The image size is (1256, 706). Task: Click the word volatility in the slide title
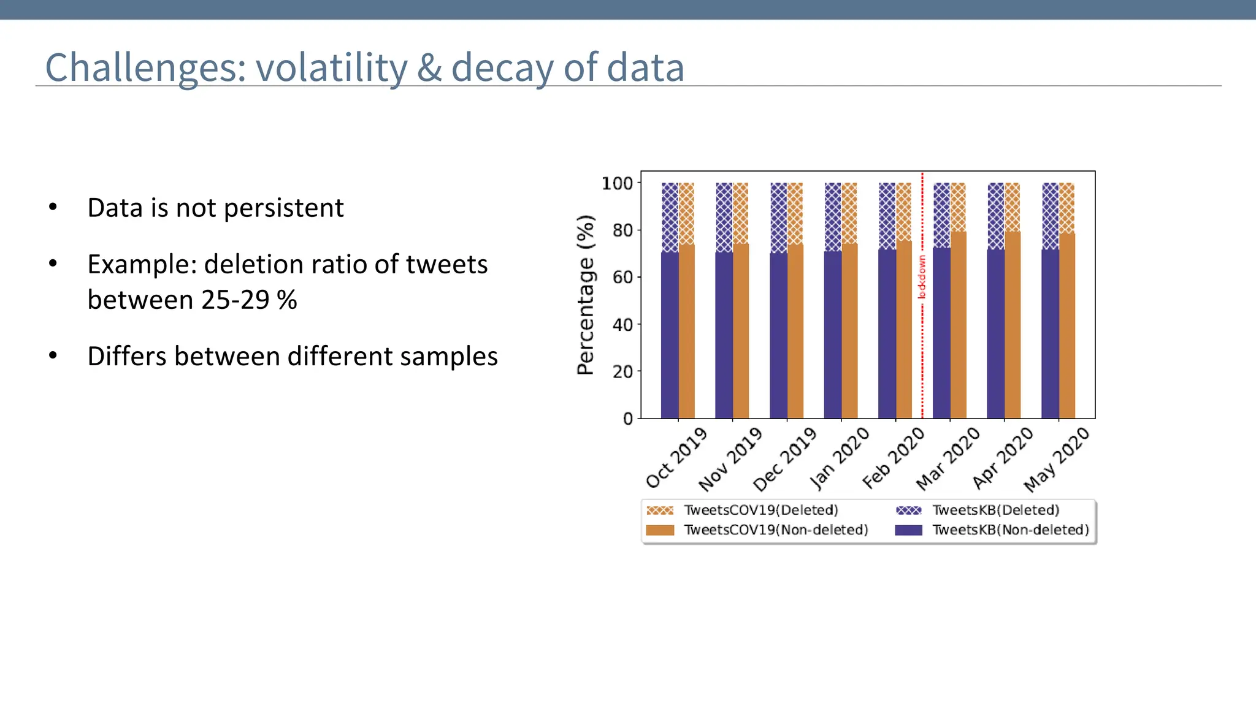tap(331, 67)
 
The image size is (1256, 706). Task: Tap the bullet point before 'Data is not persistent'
tap(53, 207)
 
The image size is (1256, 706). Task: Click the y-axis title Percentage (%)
tap(586, 295)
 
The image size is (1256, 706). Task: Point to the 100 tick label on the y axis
tap(617, 183)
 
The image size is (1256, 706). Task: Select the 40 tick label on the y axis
tap(622, 325)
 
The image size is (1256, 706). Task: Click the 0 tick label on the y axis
tap(627, 419)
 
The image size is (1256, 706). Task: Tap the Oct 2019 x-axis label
tap(676, 458)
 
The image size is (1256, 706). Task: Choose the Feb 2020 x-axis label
tap(893, 458)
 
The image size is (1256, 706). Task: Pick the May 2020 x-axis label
tap(1057, 460)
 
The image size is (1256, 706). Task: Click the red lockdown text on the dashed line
tap(921, 277)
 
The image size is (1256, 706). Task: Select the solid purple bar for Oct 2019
tap(670, 335)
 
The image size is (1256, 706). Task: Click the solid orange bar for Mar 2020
tap(958, 325)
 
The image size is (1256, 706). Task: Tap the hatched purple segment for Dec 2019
tap(778, 218)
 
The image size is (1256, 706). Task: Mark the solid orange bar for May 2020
tap(1066, 326)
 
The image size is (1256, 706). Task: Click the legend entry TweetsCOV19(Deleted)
tap(760, 510)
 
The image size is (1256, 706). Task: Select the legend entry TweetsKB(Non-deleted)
tap(1010, 529)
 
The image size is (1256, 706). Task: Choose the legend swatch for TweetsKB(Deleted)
tap(908, 511)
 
